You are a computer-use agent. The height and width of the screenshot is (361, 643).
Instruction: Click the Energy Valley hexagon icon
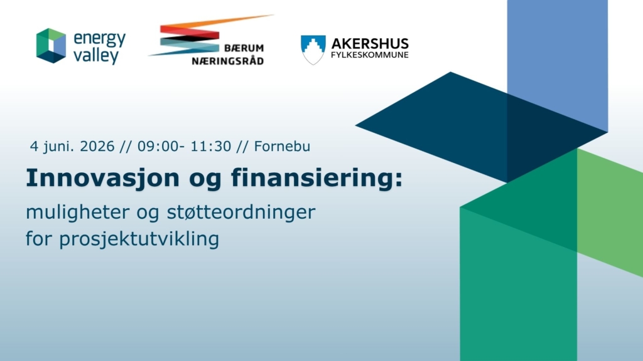coord(51,45)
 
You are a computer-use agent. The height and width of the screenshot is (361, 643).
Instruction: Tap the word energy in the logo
coord(100,39)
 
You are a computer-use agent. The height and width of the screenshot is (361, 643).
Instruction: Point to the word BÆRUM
coord(244,48)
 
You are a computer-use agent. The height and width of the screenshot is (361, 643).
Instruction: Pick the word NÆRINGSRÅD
coord(227,61)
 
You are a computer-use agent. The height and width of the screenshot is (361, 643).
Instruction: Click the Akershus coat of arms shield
coord(313,50)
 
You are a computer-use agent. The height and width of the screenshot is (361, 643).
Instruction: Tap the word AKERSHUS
coord(370,43)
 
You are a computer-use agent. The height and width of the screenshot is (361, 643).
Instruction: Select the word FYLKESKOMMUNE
coord(370,55)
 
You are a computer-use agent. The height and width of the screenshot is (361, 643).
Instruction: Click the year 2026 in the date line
coord(97,147)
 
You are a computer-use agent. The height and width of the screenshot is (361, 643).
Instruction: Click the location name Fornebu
coord(282,147)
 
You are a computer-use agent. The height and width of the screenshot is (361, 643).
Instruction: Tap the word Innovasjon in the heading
coord(103,179)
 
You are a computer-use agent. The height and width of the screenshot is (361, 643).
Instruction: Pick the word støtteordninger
coord(241,212)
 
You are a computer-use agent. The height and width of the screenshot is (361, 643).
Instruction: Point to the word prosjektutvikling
coord(139,239)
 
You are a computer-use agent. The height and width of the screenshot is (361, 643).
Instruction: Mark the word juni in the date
coord(58,147)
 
